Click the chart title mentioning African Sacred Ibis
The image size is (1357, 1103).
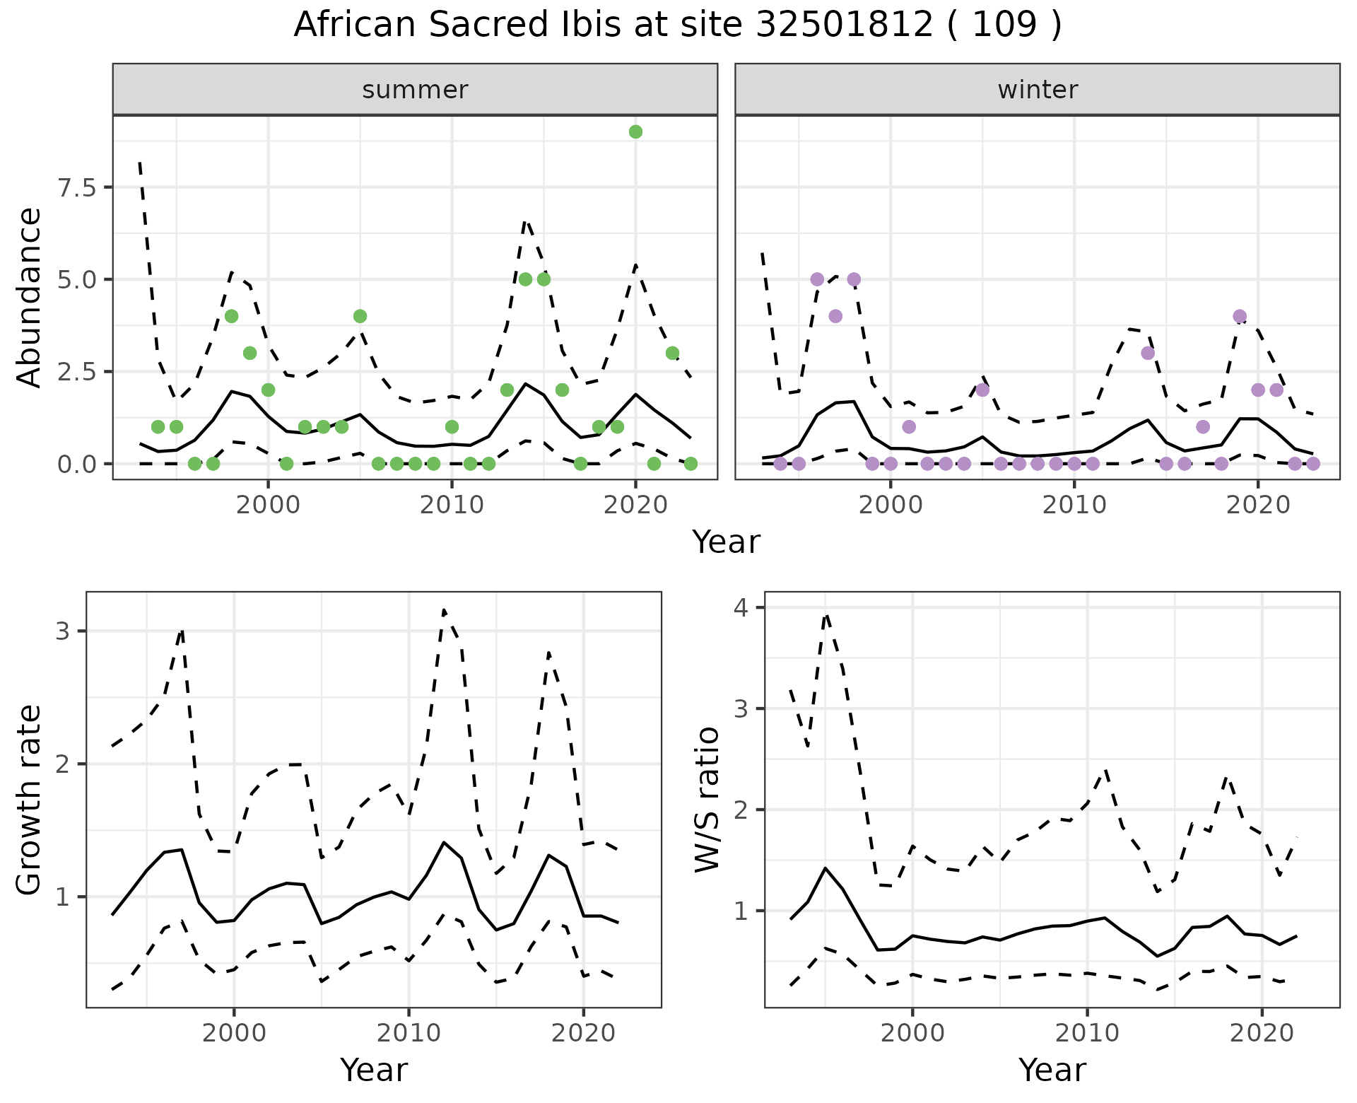pos(677,25)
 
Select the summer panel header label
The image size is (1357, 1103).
pos(415,90)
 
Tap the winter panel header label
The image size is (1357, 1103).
pos(1038,90)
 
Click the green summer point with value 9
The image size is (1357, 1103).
pos(635,132)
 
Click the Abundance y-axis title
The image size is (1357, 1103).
pos(29,297)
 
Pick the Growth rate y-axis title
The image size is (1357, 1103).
pos(29,799)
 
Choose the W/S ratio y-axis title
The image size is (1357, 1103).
pos(707,799)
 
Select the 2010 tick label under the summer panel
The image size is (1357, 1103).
pos(452,505)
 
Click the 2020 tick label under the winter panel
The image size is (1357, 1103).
pos(1258,505)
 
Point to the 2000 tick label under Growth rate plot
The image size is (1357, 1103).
pos(234,1033)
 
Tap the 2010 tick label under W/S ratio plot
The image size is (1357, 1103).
pos(1087,1033)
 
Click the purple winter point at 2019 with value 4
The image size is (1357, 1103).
pos(1240,316)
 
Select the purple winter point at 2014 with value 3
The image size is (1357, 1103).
pos(1148,353)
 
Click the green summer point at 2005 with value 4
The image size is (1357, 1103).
pos(360,316)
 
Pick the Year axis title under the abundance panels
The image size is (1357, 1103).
pos(726,542)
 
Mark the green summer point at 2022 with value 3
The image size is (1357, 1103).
pos(672,353)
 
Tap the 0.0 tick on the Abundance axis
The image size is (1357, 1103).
pos(74,464)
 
